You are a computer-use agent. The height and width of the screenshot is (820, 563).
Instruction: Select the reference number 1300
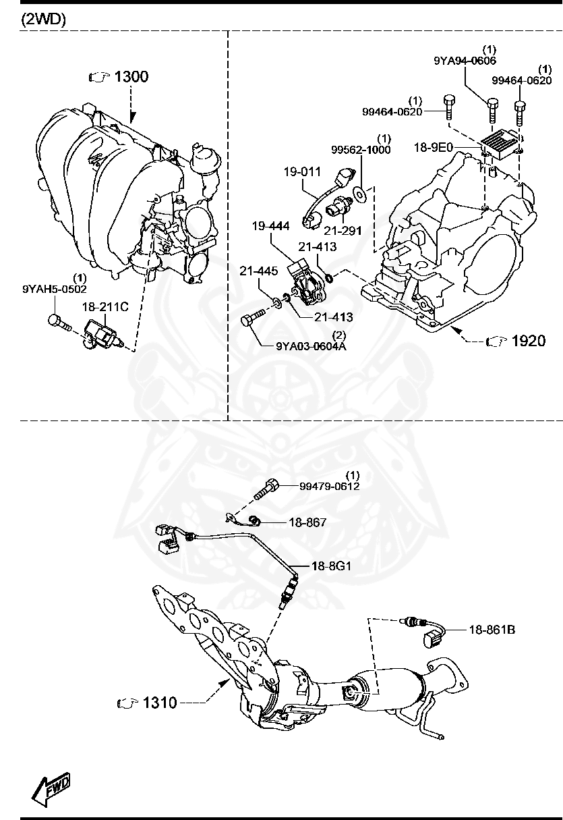131,77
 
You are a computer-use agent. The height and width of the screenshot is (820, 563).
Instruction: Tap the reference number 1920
528,341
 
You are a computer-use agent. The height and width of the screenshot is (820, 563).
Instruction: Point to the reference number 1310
159,703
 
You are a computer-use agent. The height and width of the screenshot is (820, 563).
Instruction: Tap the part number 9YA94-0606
465,61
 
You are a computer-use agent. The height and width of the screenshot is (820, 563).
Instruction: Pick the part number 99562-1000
360,150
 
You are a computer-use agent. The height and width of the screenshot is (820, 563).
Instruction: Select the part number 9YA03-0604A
311,347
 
